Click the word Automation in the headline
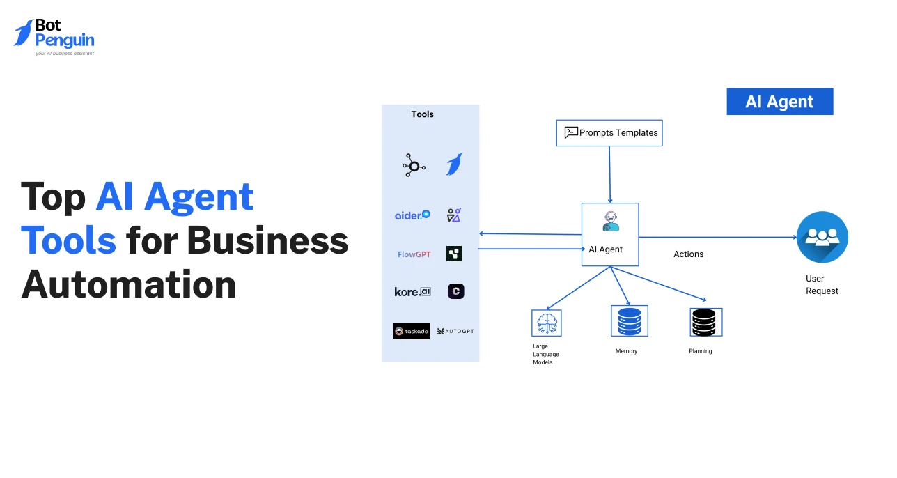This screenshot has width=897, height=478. click(129, 284)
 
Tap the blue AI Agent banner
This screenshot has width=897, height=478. click(779, 102)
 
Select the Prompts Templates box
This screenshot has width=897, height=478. click(609, 132)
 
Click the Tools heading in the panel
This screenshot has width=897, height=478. click(422, 114)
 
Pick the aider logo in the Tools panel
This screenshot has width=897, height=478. click(412, 215)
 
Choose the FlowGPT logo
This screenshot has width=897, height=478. click(414, 254)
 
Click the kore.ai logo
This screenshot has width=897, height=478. click(412, 292)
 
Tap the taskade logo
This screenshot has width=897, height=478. click(412, 331)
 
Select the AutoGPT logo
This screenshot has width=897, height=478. click(455, 331)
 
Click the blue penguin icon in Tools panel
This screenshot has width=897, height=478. click(454, 164)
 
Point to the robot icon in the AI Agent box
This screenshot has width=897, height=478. click(610, 222)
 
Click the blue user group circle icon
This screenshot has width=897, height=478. click(822, 237)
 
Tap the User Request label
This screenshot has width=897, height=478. click(822, 285)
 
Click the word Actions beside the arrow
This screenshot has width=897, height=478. click(688, 254)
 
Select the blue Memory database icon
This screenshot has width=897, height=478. click(629, 321)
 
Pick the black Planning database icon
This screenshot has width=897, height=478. click(705, 322)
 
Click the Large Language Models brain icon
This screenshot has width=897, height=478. click(546, 323)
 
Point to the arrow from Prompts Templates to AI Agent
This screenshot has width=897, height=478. click(610, 174)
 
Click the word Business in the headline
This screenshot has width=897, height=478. click(267, 241)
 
